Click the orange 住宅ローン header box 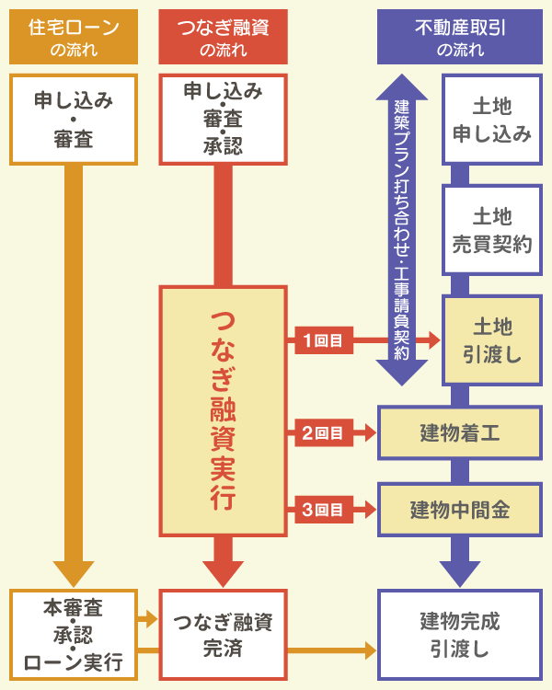coord(74,36)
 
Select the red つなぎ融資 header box coord(224,36)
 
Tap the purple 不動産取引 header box coord(460,36)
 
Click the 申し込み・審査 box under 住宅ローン coord(74,120)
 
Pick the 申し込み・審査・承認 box coord(224,120)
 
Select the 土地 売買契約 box coord(492,230)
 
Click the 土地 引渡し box coord(492,340)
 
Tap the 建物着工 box coord(460,432)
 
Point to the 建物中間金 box coord(460,509)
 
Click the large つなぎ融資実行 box coord(224,411)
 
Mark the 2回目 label coord(322,432)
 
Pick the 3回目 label coord(322,509)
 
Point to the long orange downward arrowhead coord(74,573)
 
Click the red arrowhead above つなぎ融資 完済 coord(224,573)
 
